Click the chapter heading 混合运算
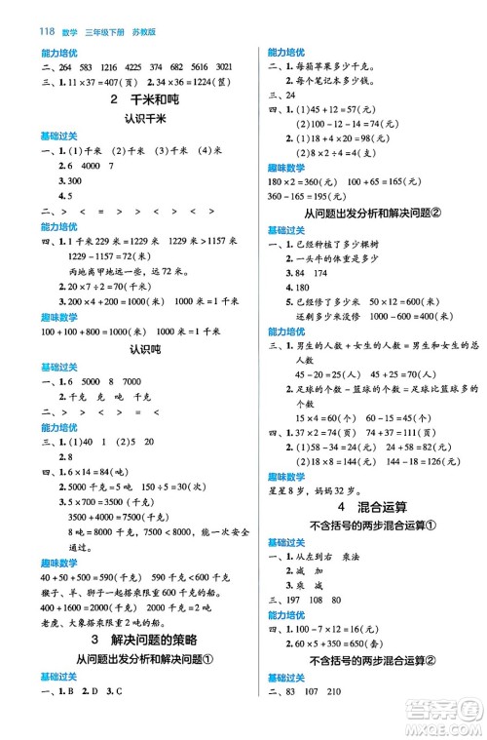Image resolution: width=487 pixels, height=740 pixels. [x=385, y=507]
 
